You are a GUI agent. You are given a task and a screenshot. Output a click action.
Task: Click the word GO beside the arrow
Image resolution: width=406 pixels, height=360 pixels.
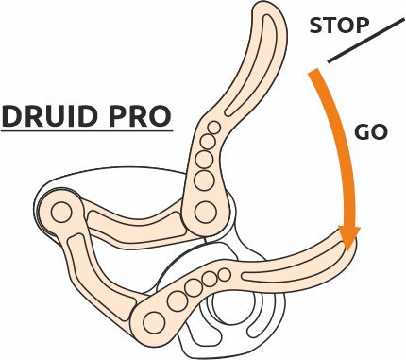(371, 132)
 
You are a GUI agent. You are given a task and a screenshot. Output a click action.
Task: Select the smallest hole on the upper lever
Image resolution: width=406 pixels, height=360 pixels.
(215, 128)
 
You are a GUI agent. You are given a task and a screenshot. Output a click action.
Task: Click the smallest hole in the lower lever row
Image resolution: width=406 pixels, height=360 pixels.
(225, 276)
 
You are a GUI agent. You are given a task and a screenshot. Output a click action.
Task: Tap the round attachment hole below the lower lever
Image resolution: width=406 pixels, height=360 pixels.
(228, 308)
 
